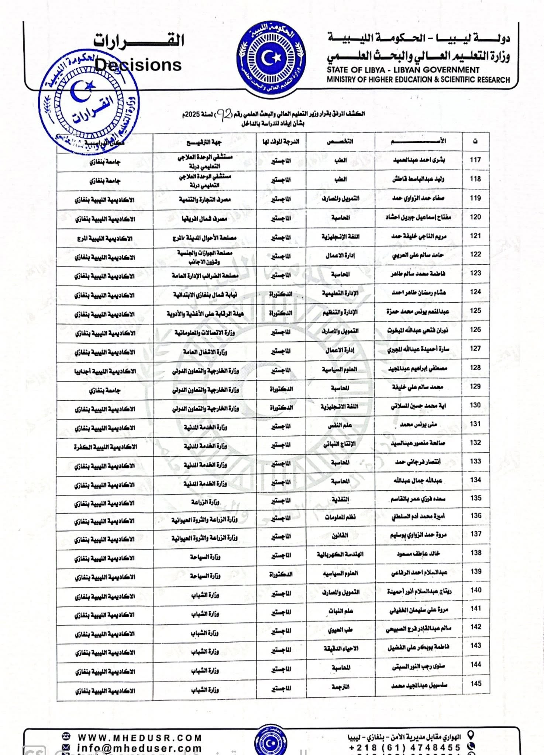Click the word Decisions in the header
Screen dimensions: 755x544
tap(138, 65)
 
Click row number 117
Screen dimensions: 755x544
tap(475, 160)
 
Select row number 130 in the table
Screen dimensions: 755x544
tap(475, 405)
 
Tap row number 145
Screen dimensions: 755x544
tap(476, 683)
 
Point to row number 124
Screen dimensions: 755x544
tap(475, 292)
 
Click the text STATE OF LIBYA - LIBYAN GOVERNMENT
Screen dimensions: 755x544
tap(403, 70)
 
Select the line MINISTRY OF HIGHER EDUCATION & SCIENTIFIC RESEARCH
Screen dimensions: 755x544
tap(418, 80)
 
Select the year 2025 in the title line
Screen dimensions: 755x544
tap(192, 115)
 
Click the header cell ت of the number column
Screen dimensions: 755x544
tap(475, 142)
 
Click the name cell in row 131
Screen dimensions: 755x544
tap(418, 425)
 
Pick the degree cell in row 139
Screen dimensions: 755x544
tap(281, 574)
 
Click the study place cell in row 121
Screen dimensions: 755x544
tap(105, 239)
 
